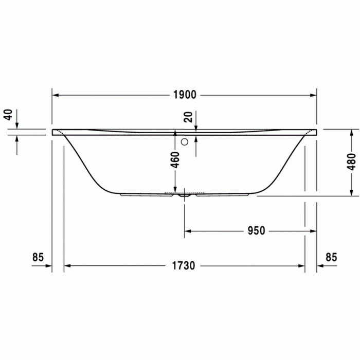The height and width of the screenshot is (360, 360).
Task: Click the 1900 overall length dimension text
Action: pos(185,95)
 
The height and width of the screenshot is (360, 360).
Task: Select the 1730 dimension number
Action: pos(184,266)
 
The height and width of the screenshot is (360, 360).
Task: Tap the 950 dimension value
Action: pos(256,231)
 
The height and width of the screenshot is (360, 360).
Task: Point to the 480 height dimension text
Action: pos(351,162)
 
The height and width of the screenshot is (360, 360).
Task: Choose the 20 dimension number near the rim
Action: pos(189,117)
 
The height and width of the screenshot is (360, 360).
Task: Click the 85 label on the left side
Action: pos(38,257)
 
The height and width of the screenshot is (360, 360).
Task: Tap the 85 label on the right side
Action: pos(331,257)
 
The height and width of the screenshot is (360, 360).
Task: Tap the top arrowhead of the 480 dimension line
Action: pos(351,132)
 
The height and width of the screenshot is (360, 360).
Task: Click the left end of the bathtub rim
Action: pos(53,132)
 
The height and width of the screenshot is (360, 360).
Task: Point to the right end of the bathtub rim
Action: pos(316,132)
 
